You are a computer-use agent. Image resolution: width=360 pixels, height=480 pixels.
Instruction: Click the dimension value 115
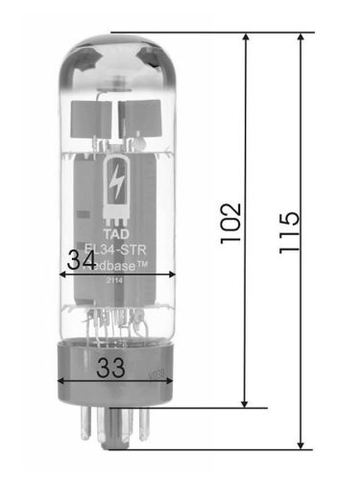[x=288, y=231]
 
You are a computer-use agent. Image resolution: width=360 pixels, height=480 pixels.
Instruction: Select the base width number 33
[x=112, y=367]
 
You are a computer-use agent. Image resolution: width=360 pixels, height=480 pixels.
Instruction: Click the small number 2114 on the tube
[x=115, y=281]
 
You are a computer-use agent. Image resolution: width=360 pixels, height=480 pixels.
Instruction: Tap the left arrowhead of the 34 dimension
[x=64, y=274]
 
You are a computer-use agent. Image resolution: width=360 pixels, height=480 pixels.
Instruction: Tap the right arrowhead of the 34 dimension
[x=172, y=274]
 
